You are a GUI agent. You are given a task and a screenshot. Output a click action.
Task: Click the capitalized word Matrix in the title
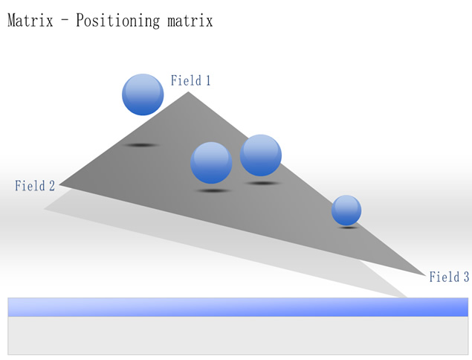(x=30, y=21)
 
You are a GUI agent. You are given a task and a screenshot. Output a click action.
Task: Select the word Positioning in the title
(x=117, y=21)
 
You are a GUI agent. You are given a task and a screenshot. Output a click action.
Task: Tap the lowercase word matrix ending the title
(x=190, y=21)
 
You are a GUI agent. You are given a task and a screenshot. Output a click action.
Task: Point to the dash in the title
(x=65, y=21)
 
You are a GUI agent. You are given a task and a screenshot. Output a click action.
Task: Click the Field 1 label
(x=190, y=80)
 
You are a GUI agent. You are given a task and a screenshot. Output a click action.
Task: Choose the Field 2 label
(x=35, y=185)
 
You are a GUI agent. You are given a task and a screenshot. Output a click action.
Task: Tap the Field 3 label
(x=449, y=277)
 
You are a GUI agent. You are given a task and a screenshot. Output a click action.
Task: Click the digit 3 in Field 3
(x=466, y=277)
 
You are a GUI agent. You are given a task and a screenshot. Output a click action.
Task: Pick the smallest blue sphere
(x=346, y=210)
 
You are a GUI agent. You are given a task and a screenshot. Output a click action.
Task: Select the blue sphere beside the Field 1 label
(x=143, y=94)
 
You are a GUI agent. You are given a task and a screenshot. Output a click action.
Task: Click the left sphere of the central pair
(x=211, y=163)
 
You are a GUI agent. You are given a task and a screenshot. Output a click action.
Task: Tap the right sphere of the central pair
(x=261, y=155)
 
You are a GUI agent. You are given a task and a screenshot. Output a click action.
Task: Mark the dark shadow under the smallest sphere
(x=349, y=228)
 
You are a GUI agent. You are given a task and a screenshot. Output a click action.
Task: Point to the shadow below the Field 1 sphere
(x=141, y=145)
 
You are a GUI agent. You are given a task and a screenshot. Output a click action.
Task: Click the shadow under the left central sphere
(x=213, y=190)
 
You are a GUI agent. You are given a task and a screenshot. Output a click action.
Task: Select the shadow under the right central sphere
(x=263, y=183)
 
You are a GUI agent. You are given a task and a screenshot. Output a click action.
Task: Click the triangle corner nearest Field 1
(x=188, y=92)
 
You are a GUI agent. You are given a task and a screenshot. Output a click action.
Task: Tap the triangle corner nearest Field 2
(x=59, y=184)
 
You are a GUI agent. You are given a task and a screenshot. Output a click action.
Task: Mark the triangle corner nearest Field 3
(x=425, y=274)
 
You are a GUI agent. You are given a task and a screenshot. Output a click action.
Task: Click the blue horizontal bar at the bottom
(x=238, y=307)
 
